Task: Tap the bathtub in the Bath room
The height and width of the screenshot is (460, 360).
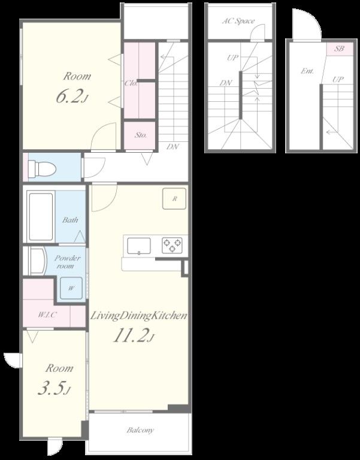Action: tap(41, 216)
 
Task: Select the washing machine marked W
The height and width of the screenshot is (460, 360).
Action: tap(71, 288)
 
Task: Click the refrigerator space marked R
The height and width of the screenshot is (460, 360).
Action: tap(174, 199)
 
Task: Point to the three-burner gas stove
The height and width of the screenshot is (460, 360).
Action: tap(173, 245)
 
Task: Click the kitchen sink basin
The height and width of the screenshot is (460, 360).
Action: tap(139, 246)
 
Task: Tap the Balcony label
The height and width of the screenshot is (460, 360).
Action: tap(140, 431)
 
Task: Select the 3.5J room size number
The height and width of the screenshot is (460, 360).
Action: tap(54, 389)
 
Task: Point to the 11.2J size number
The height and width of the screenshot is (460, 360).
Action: tap(134, 335)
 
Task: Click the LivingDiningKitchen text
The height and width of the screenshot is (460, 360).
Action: tap(138, 316)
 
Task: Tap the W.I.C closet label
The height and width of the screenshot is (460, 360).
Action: tap(47, 315)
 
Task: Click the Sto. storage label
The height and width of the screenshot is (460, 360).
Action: tap(141, 135)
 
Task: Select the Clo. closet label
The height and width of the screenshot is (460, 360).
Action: tap(131, 83)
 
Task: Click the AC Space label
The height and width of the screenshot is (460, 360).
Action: tap(238, 21)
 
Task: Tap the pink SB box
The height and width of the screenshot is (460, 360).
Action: tap(340, 49)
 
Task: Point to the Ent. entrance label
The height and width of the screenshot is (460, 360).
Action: tap(307, 71)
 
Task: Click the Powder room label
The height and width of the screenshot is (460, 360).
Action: tap(67, 262)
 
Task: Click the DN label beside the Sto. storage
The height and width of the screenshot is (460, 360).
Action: tap(173, 146)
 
